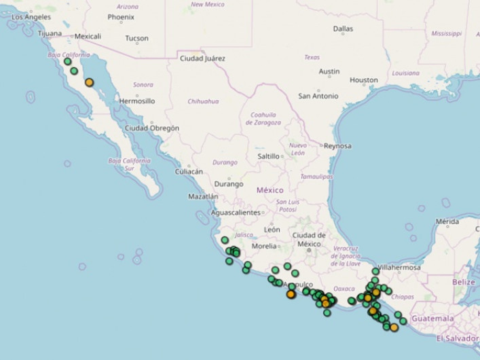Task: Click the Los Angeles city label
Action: pyautogui.click(x=31, y=17)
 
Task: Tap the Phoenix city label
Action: pyautogui.click(x=121, y=17)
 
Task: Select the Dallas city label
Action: pyautogui.click(x=343, y=29)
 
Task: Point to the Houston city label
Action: pyautogui.click(x=363, y=80)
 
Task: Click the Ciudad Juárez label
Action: pyautogui.click(x=202, y=58)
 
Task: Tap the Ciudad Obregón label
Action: pyautogui.click(x=152, y=128)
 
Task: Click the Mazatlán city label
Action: pyautogui.click(x=203, y=197)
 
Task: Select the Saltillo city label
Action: pyautogui.click(x=269, y=156)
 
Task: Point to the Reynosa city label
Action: pyautogui.click(x=337, y=146)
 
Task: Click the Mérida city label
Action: pyautogui.click(x=447, y=221)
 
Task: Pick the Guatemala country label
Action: pyautogui.click(x=432, y=319)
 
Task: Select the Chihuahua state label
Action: pyautogui.click(x=203, y=101)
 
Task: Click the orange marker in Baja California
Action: pyautogui.click(x=89, y=83)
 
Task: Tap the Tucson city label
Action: pyautogui.click(x=136, y=38)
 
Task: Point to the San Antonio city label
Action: pyautogui.click(x=318, y=96)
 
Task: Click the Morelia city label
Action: pyautogui.click(x=264, y=246)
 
